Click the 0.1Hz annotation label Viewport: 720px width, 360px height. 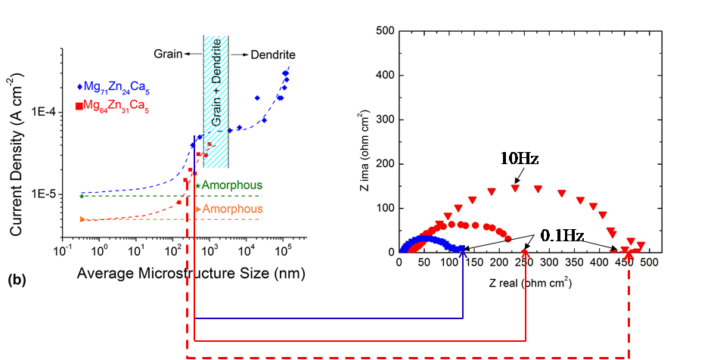click(563, 235)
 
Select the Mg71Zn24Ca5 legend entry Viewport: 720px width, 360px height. click(113, 89)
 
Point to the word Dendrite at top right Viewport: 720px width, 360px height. click(274, 55)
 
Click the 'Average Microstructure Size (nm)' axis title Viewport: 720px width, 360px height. click(191, 275)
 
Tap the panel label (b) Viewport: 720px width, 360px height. click(17, 280)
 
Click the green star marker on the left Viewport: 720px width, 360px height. click(82, 196)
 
